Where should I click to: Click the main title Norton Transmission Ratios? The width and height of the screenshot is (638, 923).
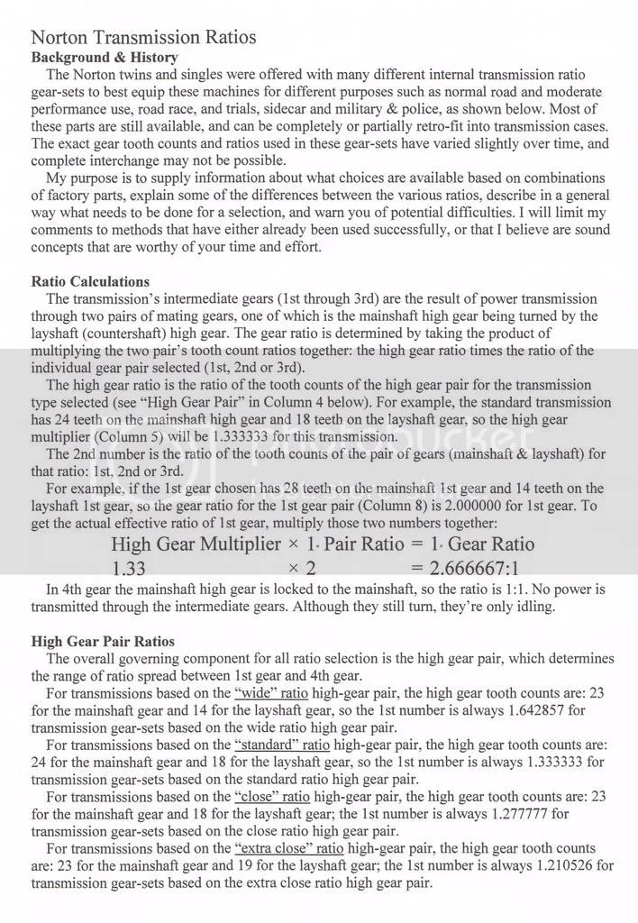coord(143,38)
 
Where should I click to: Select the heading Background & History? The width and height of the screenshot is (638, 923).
coord(105,58)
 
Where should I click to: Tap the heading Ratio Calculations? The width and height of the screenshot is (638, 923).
coord(90,281)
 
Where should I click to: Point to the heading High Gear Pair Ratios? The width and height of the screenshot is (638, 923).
coord(103,642)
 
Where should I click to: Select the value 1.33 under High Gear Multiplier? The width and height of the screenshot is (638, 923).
coord(130,569)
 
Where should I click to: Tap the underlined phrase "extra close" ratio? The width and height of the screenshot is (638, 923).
coord(309,849)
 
